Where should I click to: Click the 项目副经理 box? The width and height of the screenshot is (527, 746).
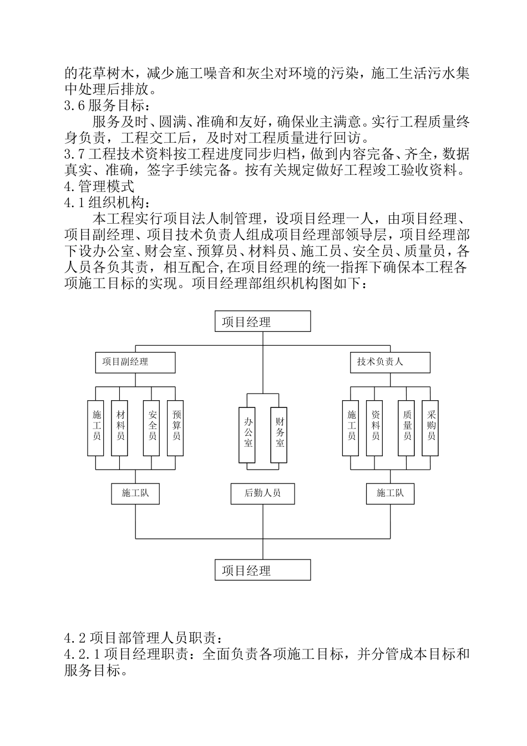point(135,362)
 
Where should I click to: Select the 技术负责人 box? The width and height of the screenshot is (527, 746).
point(390,362)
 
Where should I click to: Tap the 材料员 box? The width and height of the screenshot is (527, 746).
point(120,428)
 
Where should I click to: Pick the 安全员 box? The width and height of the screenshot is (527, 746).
point(152,428)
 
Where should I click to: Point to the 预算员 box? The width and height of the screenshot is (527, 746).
point(176,428)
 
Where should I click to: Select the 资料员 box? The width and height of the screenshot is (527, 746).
point(375,428)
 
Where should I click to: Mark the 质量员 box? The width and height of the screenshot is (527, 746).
point(407,428)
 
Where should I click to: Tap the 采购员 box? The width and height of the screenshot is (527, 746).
point(430,428)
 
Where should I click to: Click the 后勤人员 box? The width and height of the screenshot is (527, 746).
point(263,493)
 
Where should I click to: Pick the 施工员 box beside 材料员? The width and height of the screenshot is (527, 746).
point(97,428)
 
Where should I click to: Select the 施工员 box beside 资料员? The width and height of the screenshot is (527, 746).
point(352,428)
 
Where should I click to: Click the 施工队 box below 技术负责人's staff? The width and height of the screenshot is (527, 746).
point(390,493)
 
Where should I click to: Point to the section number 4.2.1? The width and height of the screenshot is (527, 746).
point(82,654)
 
